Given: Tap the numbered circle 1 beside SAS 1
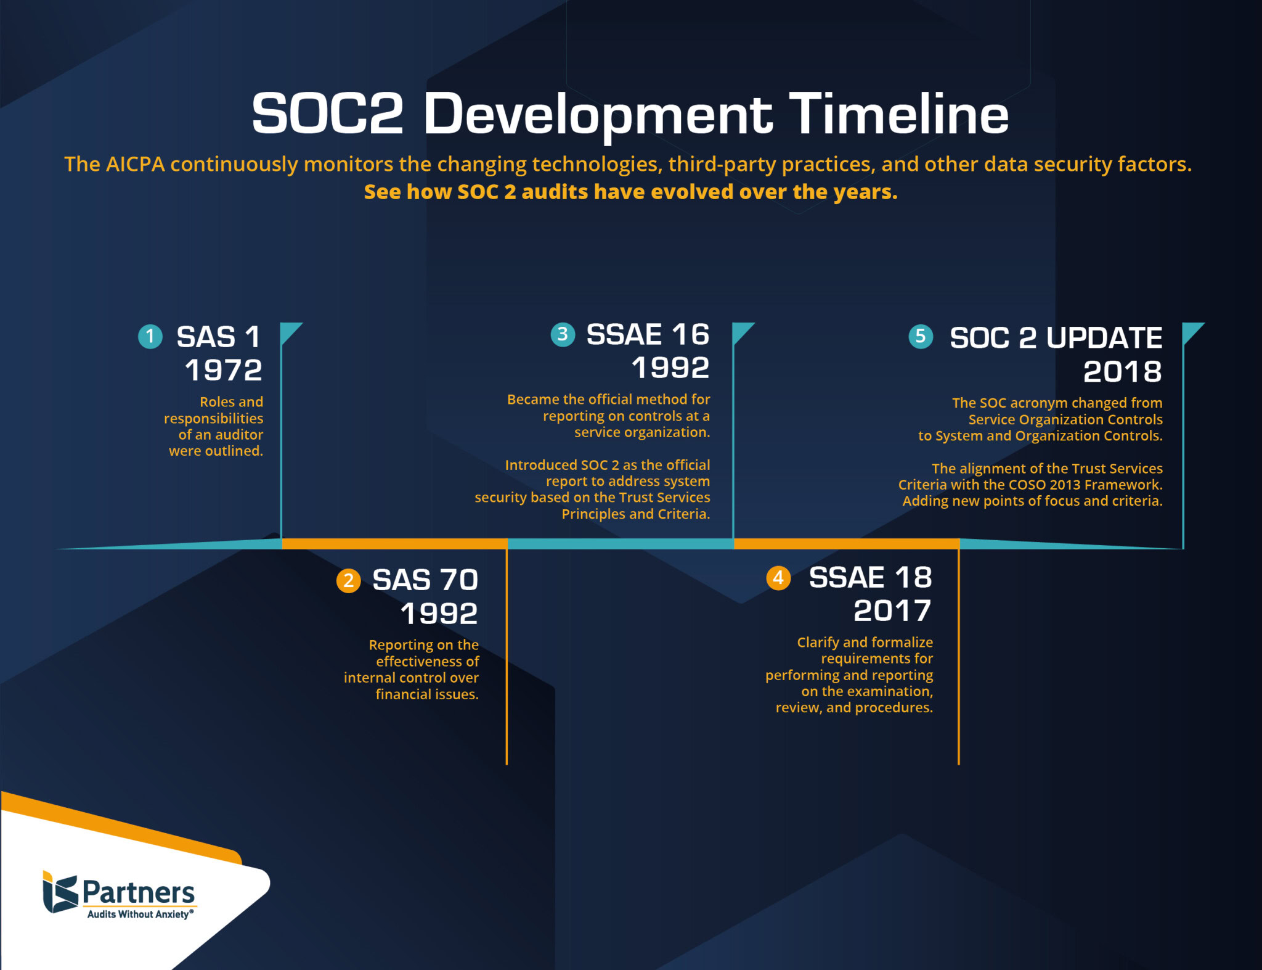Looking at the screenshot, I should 150,337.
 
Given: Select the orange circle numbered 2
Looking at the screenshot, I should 348,580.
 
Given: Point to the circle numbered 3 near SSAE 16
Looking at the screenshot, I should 562,334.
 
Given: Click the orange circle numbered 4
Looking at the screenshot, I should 778,578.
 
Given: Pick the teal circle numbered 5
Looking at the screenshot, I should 921,336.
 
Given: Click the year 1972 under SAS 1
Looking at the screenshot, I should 224,370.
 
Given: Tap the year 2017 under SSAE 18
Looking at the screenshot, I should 892,610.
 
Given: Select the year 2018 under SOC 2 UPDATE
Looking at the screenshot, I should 1122,371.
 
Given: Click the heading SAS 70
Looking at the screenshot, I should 425,580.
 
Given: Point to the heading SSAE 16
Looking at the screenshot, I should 648,334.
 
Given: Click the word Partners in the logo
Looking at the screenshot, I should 139,892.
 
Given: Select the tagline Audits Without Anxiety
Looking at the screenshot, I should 139,915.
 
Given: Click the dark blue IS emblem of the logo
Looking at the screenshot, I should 60,892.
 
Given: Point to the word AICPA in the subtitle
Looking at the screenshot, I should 135,164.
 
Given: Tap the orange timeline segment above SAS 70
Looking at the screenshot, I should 394,544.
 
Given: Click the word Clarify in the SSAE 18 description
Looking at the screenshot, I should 818,642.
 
